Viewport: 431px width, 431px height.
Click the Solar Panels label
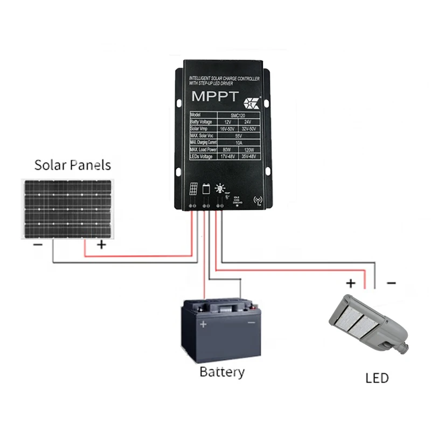(x=72, y=165)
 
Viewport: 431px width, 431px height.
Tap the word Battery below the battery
(x=221, y=372)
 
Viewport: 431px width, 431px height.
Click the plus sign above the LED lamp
(x=351, y=282)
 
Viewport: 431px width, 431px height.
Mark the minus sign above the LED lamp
(x=391, y=282)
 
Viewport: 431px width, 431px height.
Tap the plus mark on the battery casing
(x=203, y=324)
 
